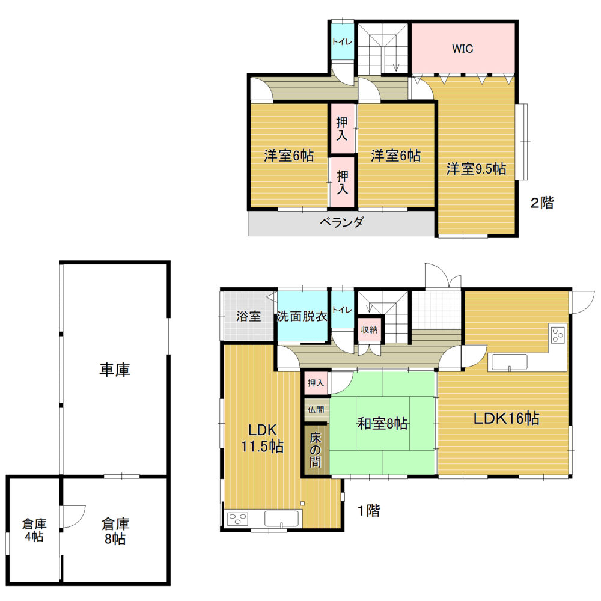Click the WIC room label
tap(462, 49)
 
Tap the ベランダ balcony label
tap(341, 222)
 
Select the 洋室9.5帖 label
tap(476, 169)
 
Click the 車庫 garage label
tap(115, 370)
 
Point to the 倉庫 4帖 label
tap(34, 530)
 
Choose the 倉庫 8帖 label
tap(115, 531)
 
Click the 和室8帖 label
tap(382, 424)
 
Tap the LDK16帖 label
tap(506, 418)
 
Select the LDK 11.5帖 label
tap(263, 438)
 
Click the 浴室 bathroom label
tap(248, 316)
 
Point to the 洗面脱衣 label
tap(302, 316)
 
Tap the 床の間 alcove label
tap(316, 450)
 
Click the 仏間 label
tap(316, 410)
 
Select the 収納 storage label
tap(370, 329)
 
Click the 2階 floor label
tap(542, 203)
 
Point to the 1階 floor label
tap(369, 510)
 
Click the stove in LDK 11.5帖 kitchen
tap(237, 519)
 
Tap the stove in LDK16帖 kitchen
tap(558, 335)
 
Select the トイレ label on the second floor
tap(342, 42)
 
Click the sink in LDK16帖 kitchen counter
tap(510, 362)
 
